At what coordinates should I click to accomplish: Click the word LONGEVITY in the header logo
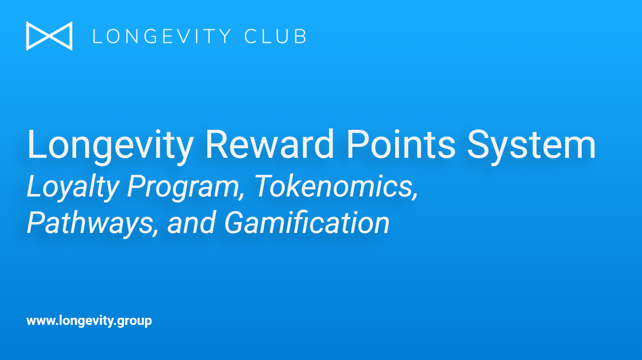pos(162,36)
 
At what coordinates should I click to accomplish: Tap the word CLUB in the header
pos(275,36)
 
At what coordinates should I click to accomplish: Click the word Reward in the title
pos(269,144)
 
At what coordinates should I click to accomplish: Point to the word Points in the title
pos(401,144)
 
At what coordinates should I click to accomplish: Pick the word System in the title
pos(532,146)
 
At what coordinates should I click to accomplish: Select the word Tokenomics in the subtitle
pos(336,187)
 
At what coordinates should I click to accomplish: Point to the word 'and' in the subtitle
pos(191,222)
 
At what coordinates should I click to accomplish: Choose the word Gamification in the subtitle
pos(307,222)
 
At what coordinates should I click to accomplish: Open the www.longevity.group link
pos(89,321)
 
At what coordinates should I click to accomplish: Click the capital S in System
pos(479,144)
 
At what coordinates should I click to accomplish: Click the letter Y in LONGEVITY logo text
pos(224,36)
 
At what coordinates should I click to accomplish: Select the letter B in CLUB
pos(300,36)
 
